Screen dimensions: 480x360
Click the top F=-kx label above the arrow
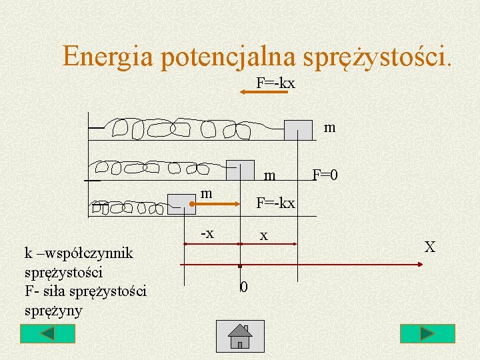click(275, 83)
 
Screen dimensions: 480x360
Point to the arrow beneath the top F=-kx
click(263, 93)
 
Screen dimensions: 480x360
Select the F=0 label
click(325, 175)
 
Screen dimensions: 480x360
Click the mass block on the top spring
click(298, 130)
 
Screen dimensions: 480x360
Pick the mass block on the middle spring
click(240, 171)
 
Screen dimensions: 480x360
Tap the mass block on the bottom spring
click(181, 203)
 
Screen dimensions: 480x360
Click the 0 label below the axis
click(244, 287)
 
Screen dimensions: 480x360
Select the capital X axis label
click(430, 247)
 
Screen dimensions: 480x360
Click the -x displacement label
click(207, 233)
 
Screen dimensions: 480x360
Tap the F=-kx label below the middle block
click(276, 202)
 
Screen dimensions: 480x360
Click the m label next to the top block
click(329, 127)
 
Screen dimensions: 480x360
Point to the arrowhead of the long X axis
click(419, 265)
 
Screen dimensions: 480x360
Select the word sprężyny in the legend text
click(52, 310)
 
